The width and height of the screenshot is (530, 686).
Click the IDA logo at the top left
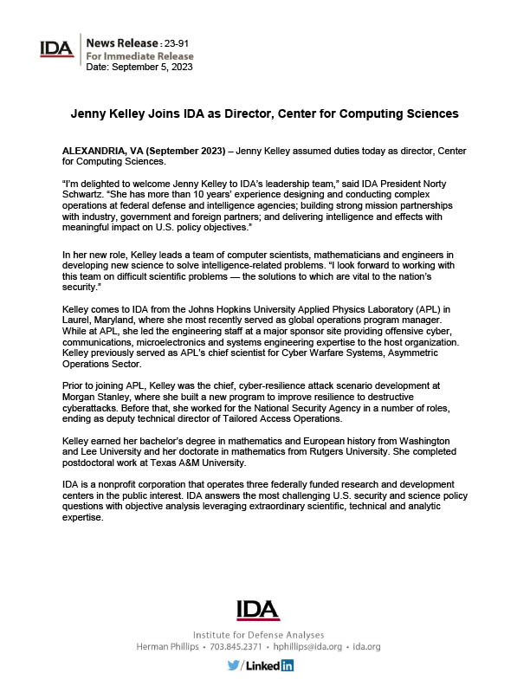point(57,49)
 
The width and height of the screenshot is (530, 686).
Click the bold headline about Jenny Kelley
point(264,113)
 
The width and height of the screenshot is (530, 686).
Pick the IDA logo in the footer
point(259,610)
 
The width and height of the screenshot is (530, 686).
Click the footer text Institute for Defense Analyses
point(259,634)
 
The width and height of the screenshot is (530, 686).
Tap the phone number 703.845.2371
point(229,647)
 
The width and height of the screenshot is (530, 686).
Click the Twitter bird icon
point(233,665)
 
